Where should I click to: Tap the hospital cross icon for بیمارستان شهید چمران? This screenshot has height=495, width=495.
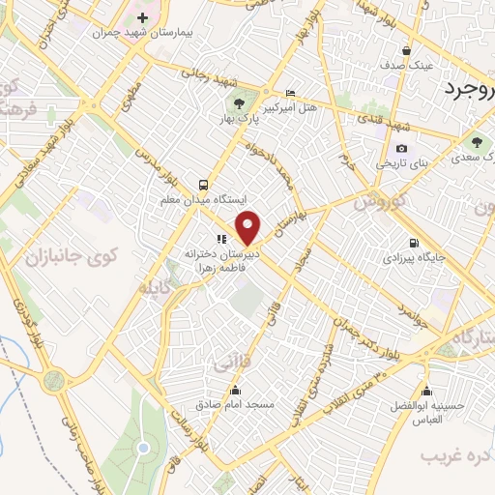[x=143, y=17]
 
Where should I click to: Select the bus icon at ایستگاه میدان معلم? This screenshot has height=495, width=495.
[x=202, y=184]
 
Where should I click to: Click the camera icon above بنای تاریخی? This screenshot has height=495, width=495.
[x=401, y=148]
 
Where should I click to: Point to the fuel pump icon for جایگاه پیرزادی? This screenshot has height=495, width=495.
[x=414, y=243]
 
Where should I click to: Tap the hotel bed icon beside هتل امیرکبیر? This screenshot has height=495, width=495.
[x=291, y=94]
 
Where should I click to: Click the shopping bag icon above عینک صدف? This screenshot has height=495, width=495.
[x=407, y=51]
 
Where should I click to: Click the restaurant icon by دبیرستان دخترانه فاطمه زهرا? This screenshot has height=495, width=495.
[x=221, y=239]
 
